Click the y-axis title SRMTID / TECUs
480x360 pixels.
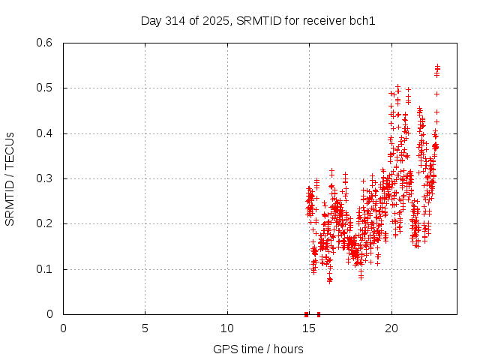tap(10, 178)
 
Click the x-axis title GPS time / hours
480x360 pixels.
tap(258, 349)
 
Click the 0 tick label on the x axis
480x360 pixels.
tap(64, 328)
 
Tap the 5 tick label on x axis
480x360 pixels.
tap(145, 328)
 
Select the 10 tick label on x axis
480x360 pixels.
tap(227, 328)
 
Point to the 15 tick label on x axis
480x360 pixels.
tap(309, 328)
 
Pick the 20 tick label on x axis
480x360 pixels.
tap(391, 328)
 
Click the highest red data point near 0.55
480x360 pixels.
tap(437, 67)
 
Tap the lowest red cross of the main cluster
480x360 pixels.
tap(329, 280)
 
